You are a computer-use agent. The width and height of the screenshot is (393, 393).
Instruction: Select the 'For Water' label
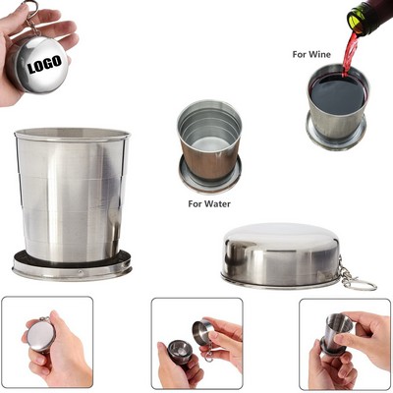pos(209,204)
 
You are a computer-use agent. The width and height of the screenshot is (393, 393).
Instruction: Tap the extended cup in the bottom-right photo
pos(338,335)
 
